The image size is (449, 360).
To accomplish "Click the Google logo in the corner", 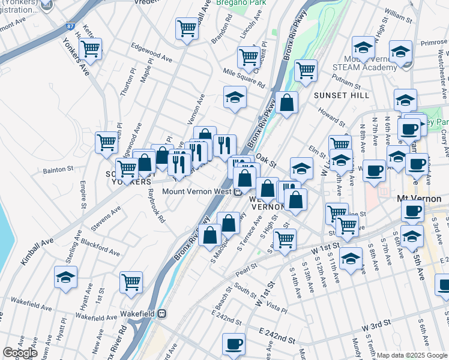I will (20, 353).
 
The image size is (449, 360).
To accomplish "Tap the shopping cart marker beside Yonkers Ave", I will (91, 50).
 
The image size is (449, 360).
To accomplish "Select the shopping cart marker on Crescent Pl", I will (248, 57).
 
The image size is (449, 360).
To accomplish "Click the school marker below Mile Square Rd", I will (235, 97).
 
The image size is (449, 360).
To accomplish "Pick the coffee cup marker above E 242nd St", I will (234, 344).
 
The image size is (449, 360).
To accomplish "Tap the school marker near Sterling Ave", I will (65, 278).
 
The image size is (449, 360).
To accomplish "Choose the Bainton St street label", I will (57, 170).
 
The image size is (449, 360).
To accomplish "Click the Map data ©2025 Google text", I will (412, 355).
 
